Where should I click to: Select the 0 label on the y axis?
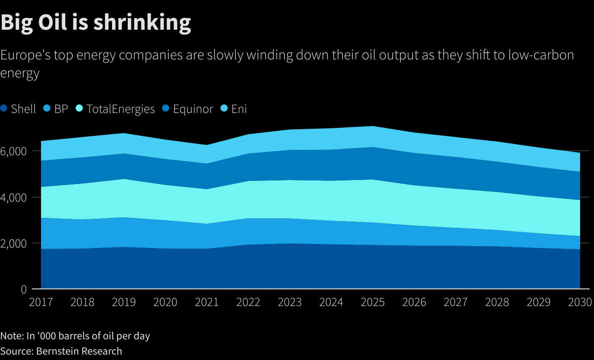point(23,289)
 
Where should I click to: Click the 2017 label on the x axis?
point(40,302)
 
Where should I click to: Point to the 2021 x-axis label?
point(207,302)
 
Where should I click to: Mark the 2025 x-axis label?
point(373,302)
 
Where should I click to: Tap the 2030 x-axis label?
point(580,302)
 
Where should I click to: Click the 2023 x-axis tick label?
point(290,302)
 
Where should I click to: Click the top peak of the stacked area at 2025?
point(373,126)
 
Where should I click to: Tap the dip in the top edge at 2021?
point(207,145)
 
